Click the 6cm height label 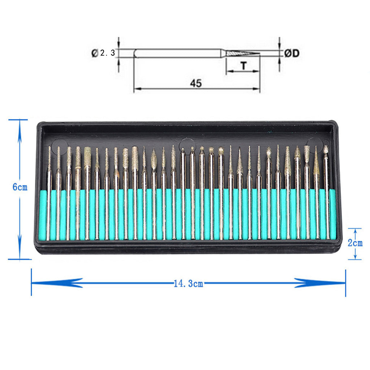tap(20, 187)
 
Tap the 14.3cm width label tap(188, 283)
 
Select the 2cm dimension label tap(355, 243)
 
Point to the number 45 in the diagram tap(196, 83)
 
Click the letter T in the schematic tap(244, 66)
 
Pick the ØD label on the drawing tap(292, 53)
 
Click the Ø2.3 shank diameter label tap(103, 53)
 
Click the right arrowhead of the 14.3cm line tap(320, 283)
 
